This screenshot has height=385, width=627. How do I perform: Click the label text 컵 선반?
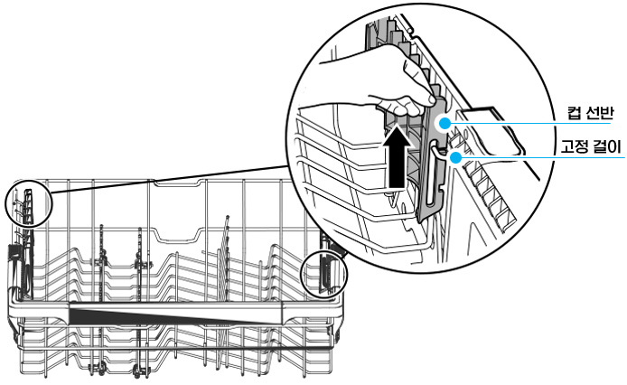tap(590, 113)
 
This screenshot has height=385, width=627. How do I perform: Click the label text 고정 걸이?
tap(590, 147)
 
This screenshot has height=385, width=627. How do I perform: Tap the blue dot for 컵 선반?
tap(445, 123)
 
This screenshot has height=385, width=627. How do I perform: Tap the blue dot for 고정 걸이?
tap(455, 157)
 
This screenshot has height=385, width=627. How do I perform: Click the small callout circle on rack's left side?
tap(29, 204)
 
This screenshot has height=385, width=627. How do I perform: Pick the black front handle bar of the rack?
tap(176, 314)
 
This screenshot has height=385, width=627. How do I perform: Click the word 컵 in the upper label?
tap(574, 113)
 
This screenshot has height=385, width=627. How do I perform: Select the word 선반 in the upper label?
tap(599, 113)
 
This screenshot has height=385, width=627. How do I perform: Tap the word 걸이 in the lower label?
tap(606, 147)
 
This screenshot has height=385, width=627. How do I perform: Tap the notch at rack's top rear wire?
tap(177, 183)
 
